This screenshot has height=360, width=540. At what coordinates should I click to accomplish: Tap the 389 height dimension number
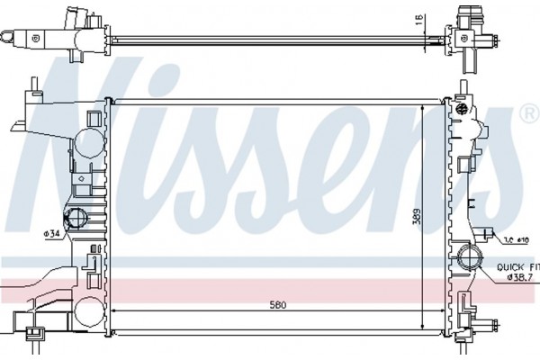click(x=416, y=217)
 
